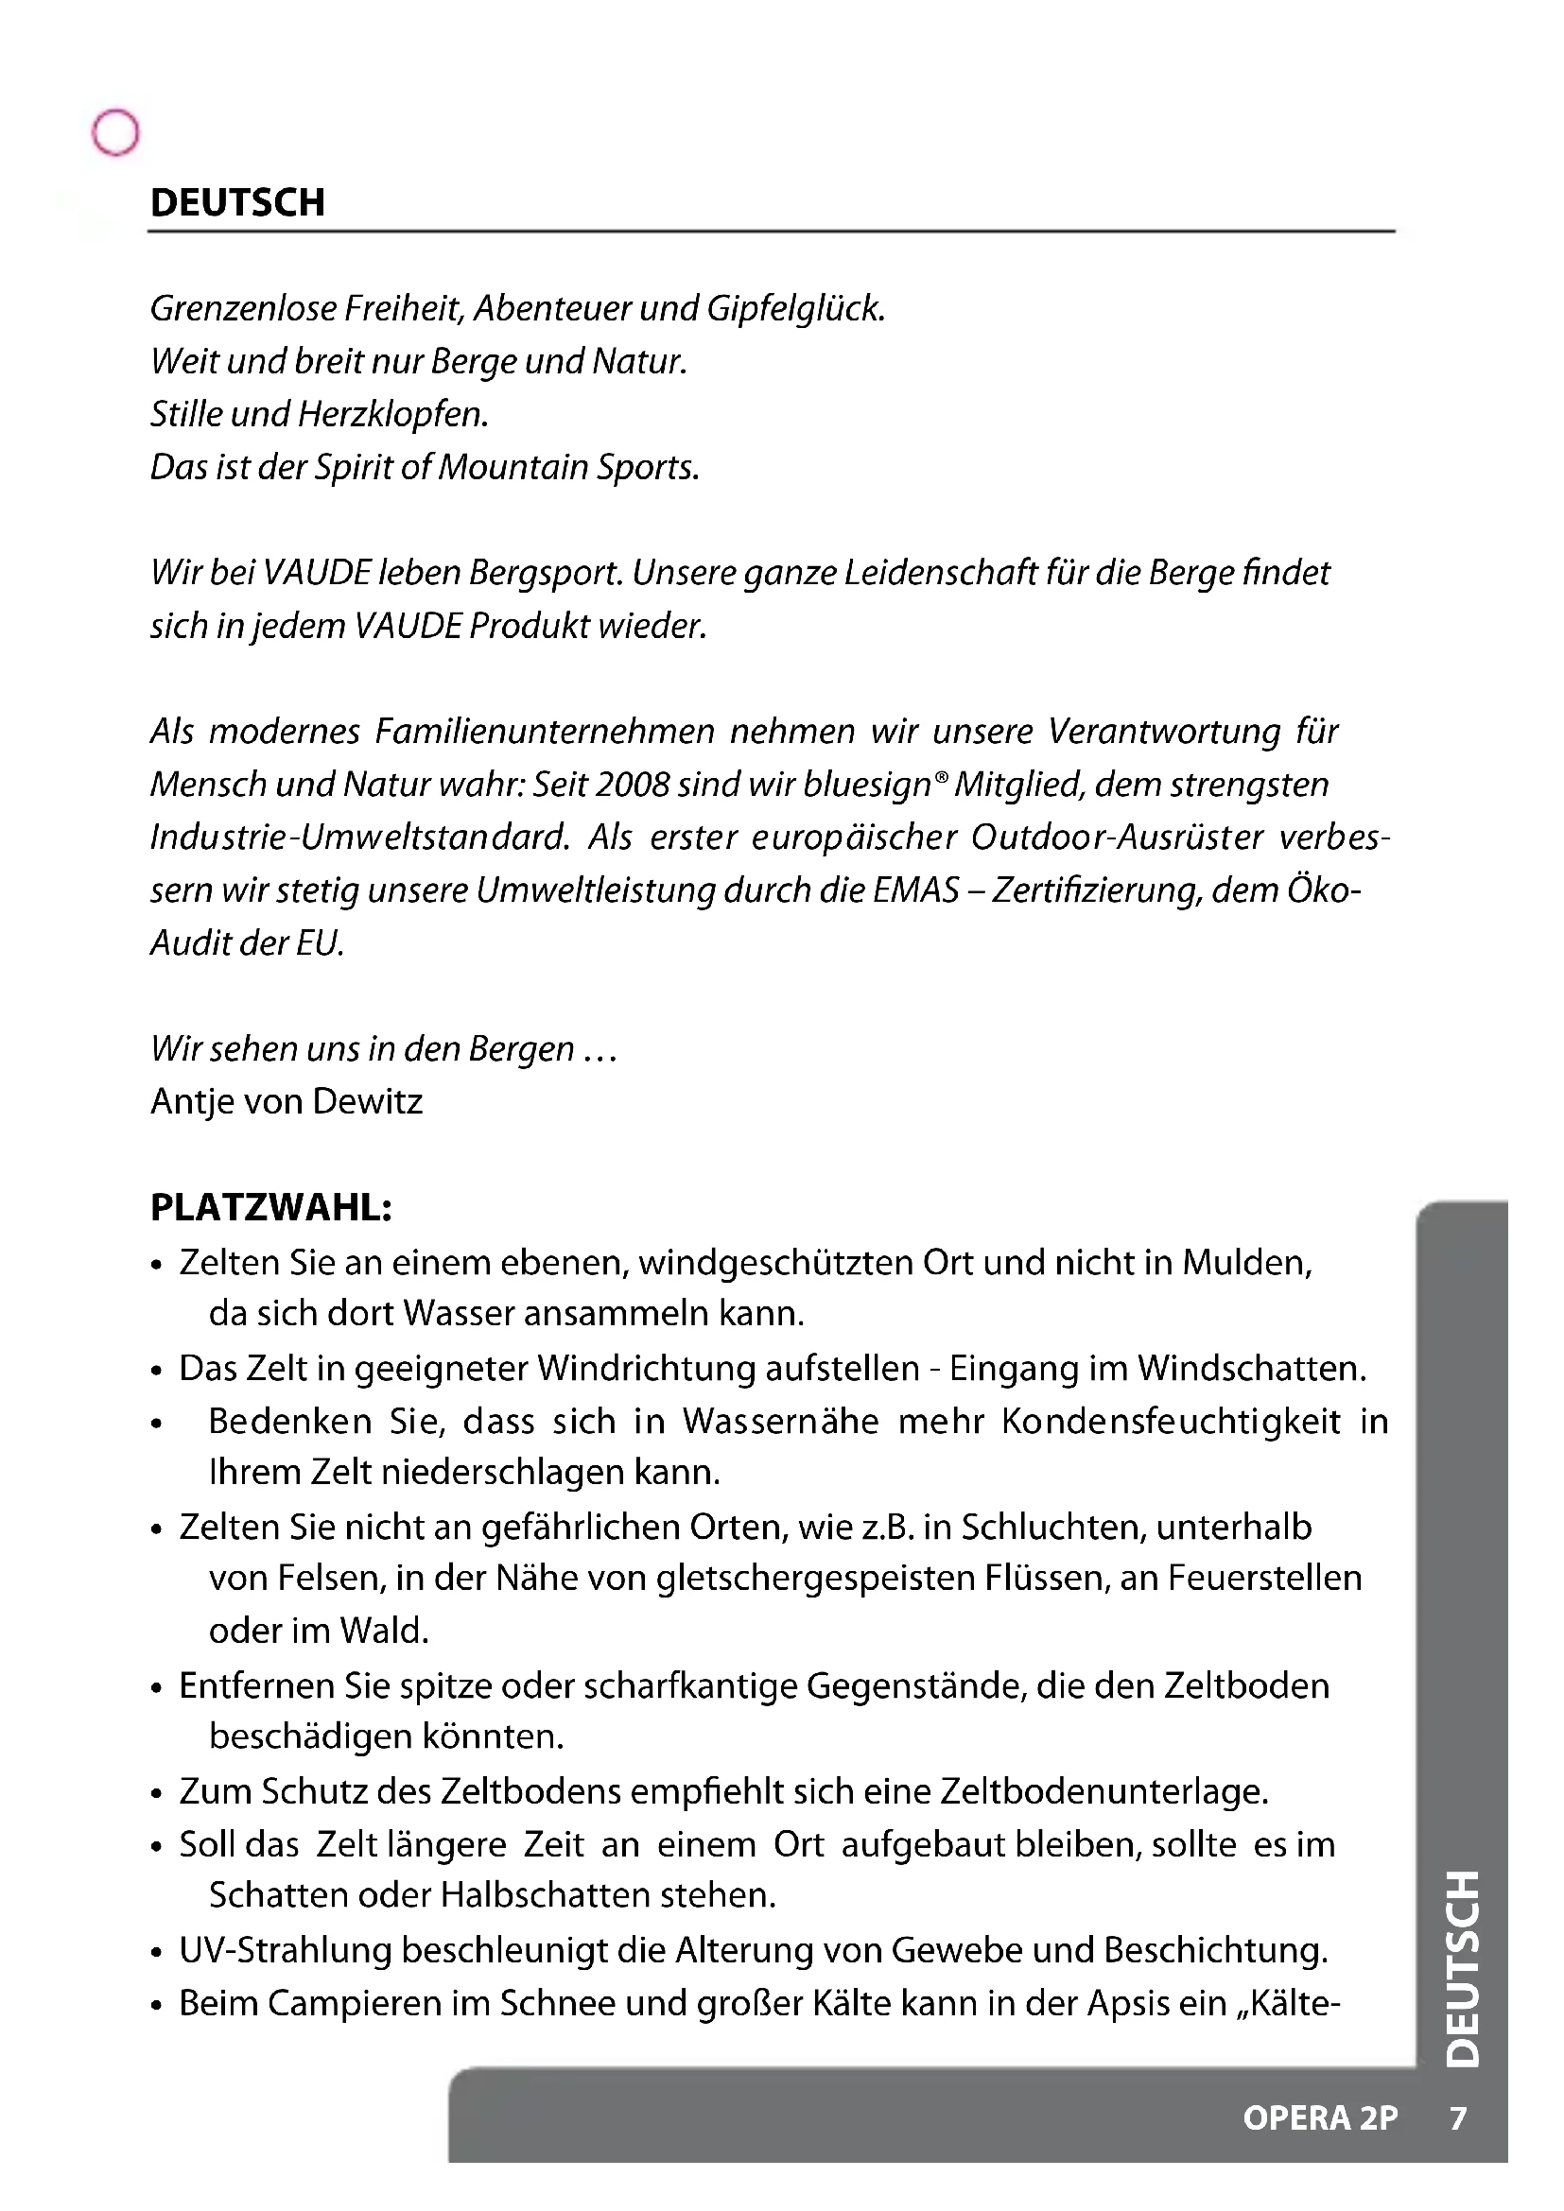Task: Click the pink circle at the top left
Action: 115,132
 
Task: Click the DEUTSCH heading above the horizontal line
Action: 238,202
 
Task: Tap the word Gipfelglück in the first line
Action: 794,308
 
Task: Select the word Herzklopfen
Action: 393,414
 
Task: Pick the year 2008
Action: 632,785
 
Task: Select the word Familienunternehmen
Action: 544,732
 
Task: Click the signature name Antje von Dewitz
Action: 286,1100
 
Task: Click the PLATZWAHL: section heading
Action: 270,1206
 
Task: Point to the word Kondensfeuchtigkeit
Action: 1171,1422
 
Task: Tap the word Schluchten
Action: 1051,1528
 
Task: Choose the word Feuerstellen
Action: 1264,1579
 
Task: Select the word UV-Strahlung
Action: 284,1950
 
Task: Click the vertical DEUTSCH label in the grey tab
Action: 1463,1968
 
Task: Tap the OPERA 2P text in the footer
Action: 1319,2118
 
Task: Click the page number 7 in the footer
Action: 1458,2118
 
